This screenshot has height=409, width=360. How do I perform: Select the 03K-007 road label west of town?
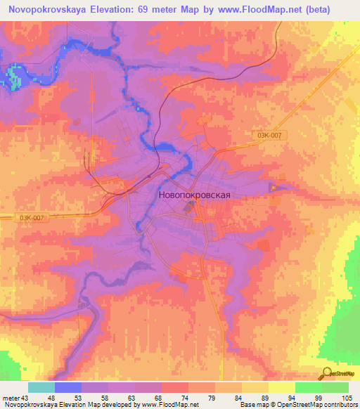click(x=32, y=219)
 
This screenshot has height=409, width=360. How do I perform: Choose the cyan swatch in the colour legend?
click(x=41, y=388)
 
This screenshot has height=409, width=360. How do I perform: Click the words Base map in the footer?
click(x=252, y=404)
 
